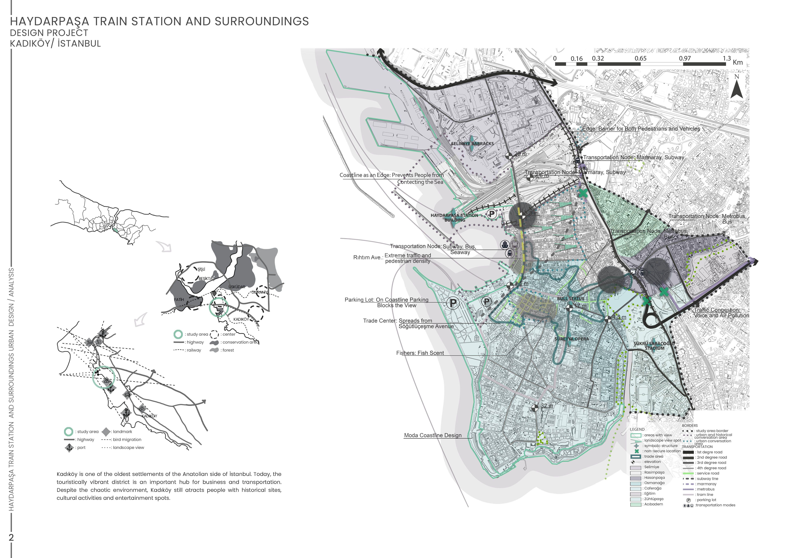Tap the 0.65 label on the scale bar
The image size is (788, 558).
(640, 58)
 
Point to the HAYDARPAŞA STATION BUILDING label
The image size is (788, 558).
(454, 217)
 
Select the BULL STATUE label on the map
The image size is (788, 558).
(570, 299)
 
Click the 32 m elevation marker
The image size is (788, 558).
(535, 408)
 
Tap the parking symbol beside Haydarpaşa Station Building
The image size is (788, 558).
(492, 214)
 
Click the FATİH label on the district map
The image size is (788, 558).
(179, 300)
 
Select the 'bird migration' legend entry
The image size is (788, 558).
(127, 439)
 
